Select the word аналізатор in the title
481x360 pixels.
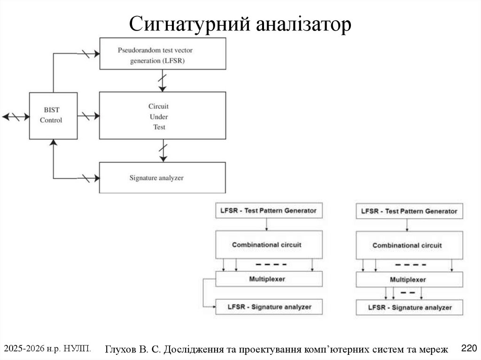pos(304,24)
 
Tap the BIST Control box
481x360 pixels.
pos(53,115)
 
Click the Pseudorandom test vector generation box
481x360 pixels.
pos(163,54)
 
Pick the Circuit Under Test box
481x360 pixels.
pos(163,115)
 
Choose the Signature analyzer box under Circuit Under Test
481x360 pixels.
pos(163,178)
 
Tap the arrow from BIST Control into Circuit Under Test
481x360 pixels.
pos(88,115)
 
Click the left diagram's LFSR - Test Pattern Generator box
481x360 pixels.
pos(268,211)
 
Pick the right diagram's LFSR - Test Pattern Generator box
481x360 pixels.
pos(409,211)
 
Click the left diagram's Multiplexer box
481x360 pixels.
pos(268,279)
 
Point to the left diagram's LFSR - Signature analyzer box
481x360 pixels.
pos(269,307)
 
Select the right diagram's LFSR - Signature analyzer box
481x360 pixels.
pos(409,307)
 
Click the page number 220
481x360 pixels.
pos(469,348)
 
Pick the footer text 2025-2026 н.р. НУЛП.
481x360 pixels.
pos(47,348)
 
